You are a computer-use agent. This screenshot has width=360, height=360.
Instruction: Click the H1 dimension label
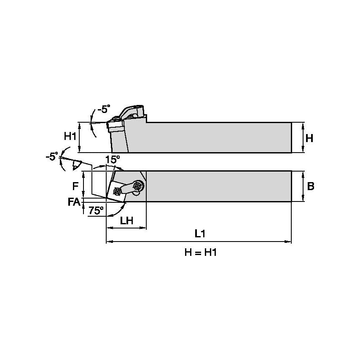[x=70, y=136]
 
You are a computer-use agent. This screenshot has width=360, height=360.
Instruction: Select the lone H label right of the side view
[x=309, y=138]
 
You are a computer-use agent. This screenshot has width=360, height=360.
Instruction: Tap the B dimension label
[x=310, y=186]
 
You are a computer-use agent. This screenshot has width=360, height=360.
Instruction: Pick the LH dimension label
[x=126, y=220]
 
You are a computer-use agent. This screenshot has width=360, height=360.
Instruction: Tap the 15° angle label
[x=113, y=159]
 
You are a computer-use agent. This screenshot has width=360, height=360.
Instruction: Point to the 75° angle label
[x=96, y=210]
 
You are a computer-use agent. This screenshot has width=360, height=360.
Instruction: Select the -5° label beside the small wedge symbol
[x=51, y=156]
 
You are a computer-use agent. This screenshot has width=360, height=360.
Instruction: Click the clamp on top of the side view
[x=132, y=111]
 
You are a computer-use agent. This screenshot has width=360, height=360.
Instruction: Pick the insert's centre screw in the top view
[x=117, y=192]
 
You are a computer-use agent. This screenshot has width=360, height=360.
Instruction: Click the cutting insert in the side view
[x=114, y=125]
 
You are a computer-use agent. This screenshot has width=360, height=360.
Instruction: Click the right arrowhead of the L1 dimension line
[x=289, y=242]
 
